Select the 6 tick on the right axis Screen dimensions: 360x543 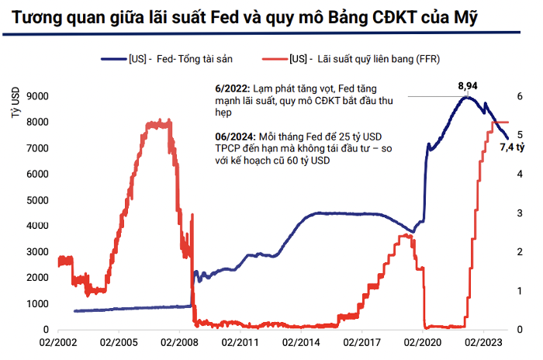click(x=521, y=96)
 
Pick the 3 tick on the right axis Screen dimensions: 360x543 click(x=521, y=213)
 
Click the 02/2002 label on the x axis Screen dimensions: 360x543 click(x=59, y=342)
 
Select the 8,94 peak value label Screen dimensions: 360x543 click(x=468, y=85)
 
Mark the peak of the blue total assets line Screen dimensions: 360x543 click(x=467, y=96)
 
